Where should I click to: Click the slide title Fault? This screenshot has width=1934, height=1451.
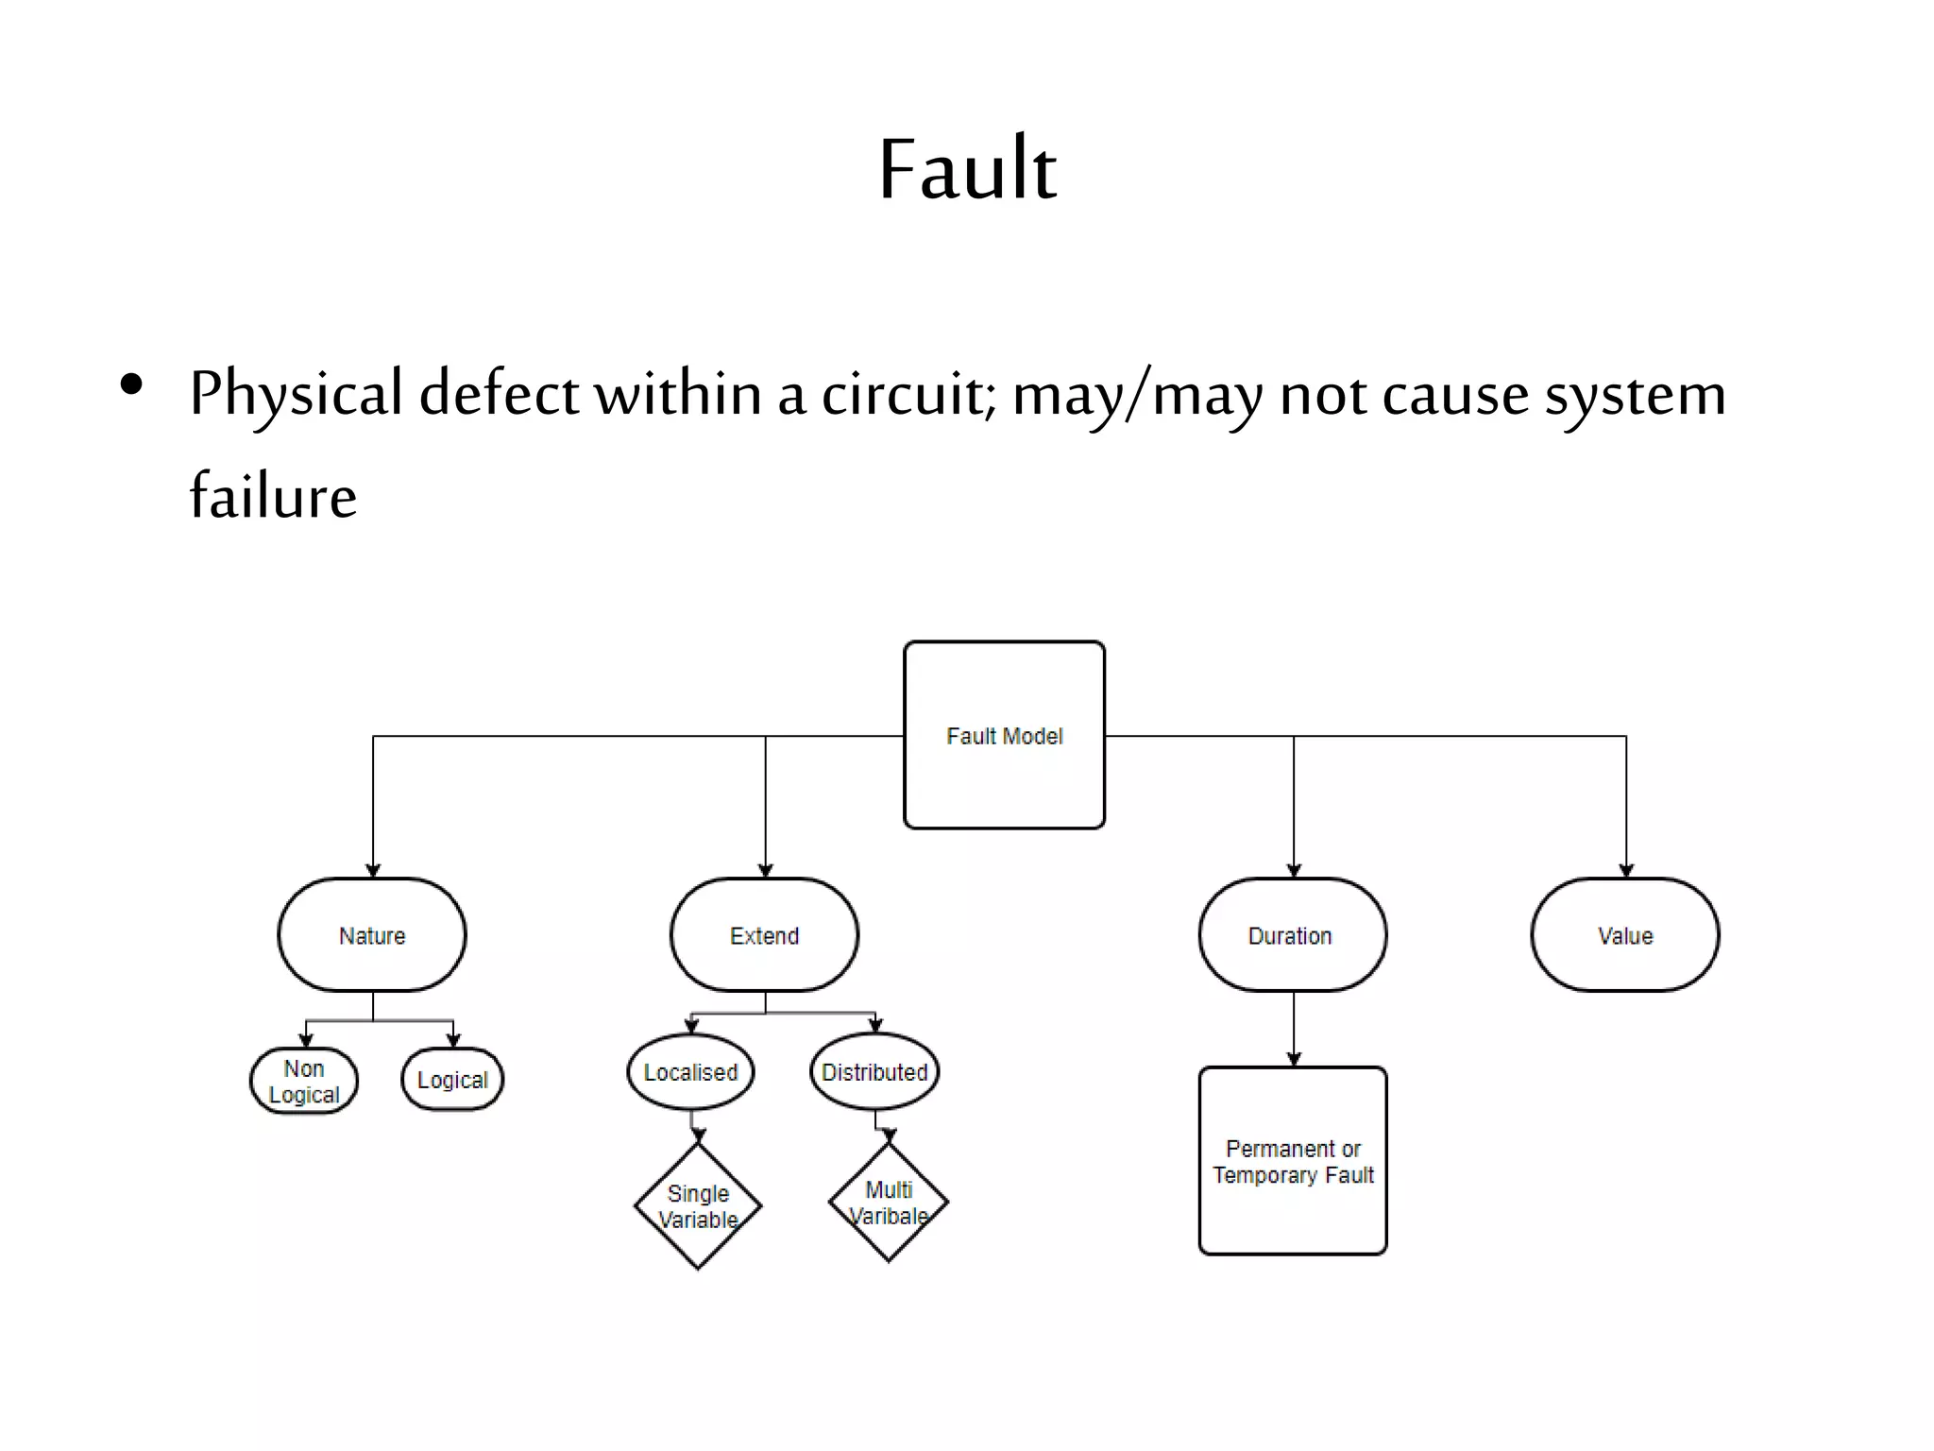pos(967,170)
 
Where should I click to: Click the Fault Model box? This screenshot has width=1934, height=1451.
pos(1004,735)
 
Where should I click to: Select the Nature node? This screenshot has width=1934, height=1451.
pos(372,935)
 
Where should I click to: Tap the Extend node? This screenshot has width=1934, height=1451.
pos(764,935)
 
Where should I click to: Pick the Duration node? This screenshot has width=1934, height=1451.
pos(1292,935)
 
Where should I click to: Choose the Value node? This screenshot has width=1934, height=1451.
pos(1624,935)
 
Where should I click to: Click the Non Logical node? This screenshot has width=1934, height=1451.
pos(304,1081)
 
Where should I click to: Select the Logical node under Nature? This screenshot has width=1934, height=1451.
pos(452,1079)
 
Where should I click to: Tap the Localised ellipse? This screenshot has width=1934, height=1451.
pos(690,1072)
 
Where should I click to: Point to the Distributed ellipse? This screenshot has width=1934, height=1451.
pos(874,1072)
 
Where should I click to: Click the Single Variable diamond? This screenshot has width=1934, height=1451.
pos(698,1206)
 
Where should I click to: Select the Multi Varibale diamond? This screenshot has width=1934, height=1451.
pos(889,1203)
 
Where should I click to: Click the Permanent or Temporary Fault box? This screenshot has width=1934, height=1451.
pos(1293,1161)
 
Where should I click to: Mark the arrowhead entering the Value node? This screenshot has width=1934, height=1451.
pos(1626,871)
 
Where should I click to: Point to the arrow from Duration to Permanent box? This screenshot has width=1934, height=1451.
pos(1294,1030)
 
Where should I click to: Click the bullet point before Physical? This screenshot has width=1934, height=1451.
pos(131,384)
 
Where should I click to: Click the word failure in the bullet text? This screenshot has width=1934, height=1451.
pos(273,495)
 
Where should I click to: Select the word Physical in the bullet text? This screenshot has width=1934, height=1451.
pos(296,394)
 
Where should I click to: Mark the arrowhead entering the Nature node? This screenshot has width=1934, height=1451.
pos(373,871)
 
